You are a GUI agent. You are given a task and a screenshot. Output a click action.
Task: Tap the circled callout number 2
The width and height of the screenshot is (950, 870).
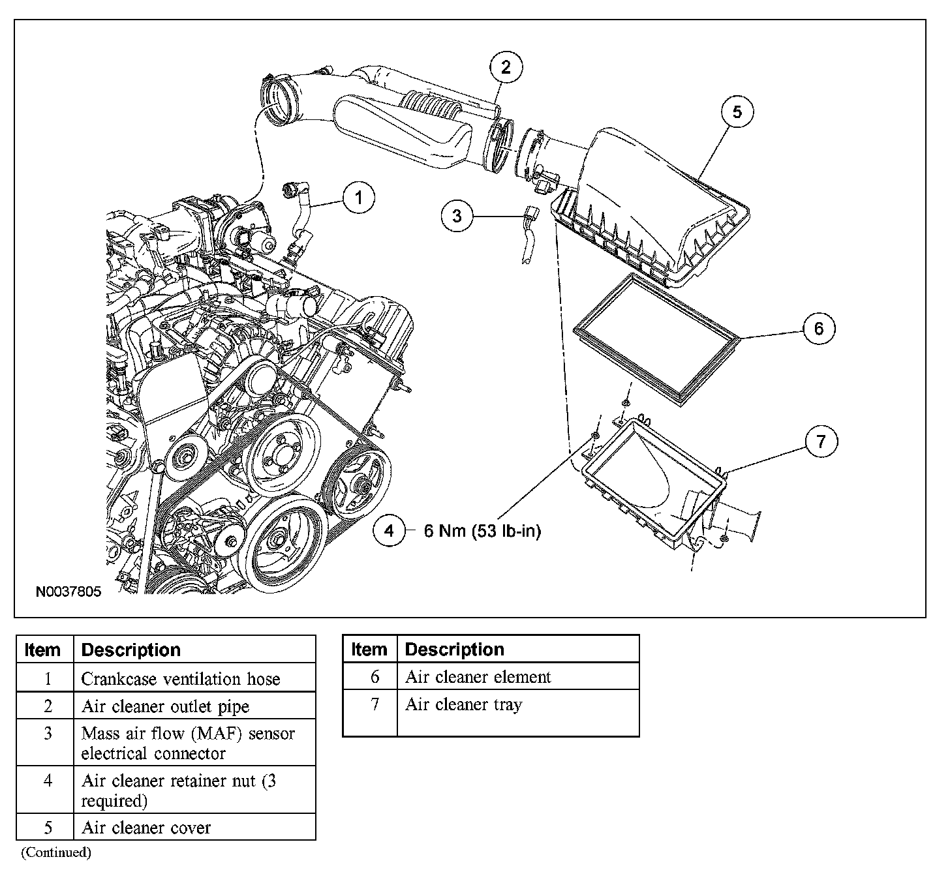pyautogui.click(x=506, y=67)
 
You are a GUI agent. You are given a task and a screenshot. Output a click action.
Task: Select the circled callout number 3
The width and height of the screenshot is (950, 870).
pyautogui.click(x=457, y=215)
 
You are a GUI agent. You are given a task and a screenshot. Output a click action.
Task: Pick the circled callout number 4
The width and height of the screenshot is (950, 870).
pyautogui.click(x=389, y=531)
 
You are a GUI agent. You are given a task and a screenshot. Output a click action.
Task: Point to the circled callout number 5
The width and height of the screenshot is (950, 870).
pyautogui.click(x=737, y=112)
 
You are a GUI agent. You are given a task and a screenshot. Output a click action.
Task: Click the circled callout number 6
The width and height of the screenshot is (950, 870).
pyautogui.click(x=818, y=328)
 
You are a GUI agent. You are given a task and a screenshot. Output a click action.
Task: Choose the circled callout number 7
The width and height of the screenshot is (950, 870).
pyautogui.click(x=820, y=442)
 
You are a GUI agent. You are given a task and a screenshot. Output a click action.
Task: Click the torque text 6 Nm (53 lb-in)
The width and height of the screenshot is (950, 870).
pyautogui.click(x=482, y=532)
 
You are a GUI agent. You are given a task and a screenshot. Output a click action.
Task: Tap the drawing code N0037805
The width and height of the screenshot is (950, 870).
pyautogui.click(x=69, y=592)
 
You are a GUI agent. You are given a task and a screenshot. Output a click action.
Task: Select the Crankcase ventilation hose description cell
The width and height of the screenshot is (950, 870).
pyautogui.click(x=181, y=679)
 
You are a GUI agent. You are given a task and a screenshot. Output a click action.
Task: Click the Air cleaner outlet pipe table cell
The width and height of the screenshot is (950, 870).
pyautogui.click(x=165, y=706)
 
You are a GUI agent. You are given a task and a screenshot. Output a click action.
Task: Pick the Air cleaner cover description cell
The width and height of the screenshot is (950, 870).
pyautogui.click(x=146, y=828)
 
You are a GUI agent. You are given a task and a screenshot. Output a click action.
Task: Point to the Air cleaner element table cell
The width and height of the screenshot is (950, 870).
pyautogui.click(x=478, y=677)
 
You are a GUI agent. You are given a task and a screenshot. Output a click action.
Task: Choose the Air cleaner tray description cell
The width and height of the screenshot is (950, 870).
pyautogui.click(x=463, y=704)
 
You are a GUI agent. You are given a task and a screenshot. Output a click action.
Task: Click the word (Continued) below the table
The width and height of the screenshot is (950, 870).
pyautogui.click(x=56, y=852)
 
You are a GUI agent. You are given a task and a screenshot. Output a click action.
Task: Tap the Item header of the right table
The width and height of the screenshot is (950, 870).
pyautogui.click(x=369, y=650)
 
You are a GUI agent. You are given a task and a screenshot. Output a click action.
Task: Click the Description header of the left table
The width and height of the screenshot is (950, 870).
pyautogui.click(x=130, y=650)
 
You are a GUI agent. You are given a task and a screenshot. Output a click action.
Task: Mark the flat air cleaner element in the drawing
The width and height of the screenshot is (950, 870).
pyautogui.click(x=655, y=339)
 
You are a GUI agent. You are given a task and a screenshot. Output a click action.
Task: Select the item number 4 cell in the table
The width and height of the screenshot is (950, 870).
pyautogui.click(x=48, y=781)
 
